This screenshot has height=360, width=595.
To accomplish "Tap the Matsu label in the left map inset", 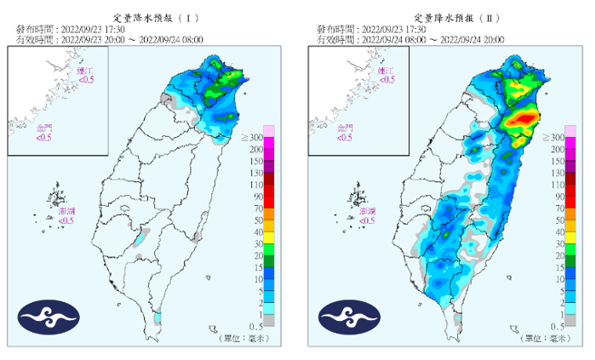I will point(85,75).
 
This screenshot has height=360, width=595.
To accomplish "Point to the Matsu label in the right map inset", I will point(386,75).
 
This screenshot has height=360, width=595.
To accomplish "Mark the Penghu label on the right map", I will point(368,215).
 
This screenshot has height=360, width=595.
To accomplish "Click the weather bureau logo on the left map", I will point(49,317).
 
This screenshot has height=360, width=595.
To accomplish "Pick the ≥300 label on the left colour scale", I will point(257,136).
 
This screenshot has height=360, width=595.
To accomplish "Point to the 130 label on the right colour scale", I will point(557,172).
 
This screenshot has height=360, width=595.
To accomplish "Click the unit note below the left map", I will point(242,338).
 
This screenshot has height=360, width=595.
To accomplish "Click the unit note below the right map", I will point(543,338).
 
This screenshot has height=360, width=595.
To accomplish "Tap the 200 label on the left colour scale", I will point(258,148).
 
